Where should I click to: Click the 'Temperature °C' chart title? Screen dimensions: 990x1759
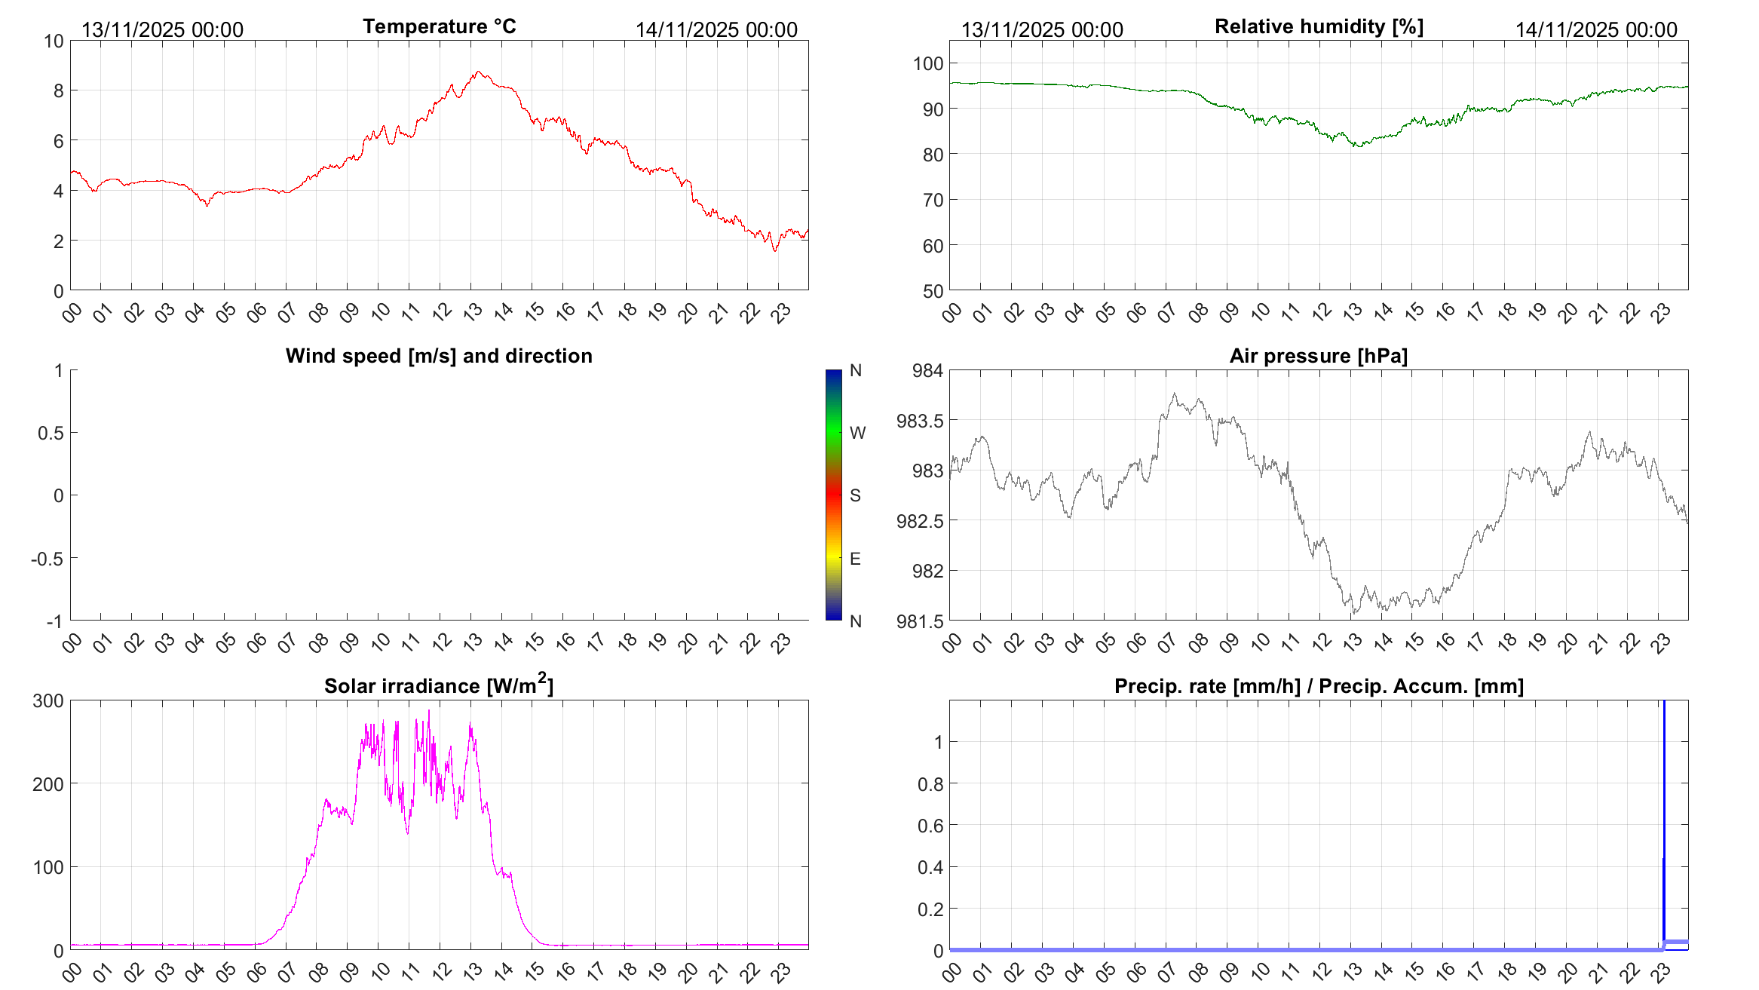pos(439,27)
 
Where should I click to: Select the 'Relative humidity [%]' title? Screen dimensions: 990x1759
pos(1319,27)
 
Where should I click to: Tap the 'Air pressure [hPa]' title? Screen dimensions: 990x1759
pos(1318,356)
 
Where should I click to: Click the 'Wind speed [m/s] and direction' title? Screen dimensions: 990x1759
pos(439,356)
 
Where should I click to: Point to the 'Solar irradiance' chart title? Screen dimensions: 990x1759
pos(439,685)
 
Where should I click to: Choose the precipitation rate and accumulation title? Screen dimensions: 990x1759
pos(1319,686)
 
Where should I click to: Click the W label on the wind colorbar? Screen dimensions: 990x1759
pos(857,433)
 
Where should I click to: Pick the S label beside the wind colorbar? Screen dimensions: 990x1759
pos(855,495)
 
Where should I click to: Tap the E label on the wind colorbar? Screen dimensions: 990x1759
pos(855,559)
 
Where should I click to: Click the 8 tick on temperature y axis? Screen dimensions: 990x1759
pos(58,91)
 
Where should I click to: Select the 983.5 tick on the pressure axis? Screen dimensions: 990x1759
pos(920,421)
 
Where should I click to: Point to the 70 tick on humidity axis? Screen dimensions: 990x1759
pos(933,201)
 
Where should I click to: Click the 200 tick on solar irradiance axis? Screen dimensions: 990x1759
pos(48,784)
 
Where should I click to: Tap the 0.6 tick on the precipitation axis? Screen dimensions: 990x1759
pos(930,826)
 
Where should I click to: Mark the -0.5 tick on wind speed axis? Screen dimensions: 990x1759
pos(47,559)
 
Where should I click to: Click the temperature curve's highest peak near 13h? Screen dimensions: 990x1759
pos(478,72)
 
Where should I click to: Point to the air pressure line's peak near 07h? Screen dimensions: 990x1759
pos(1174,394)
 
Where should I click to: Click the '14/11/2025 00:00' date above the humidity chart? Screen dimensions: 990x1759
pos(1596,30)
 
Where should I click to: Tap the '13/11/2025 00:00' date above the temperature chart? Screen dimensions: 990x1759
pos(162,30)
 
